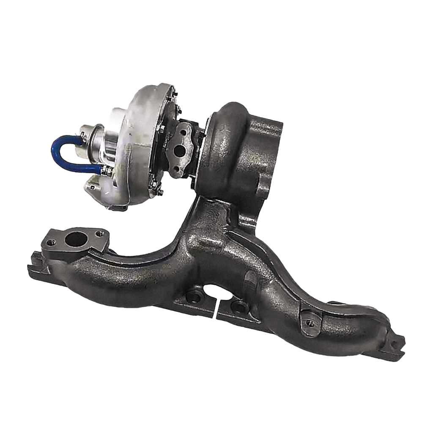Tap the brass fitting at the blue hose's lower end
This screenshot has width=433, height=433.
pos(106,170)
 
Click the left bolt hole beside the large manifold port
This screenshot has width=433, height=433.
pos(51,243)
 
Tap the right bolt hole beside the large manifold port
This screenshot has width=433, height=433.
pos(100,233)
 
